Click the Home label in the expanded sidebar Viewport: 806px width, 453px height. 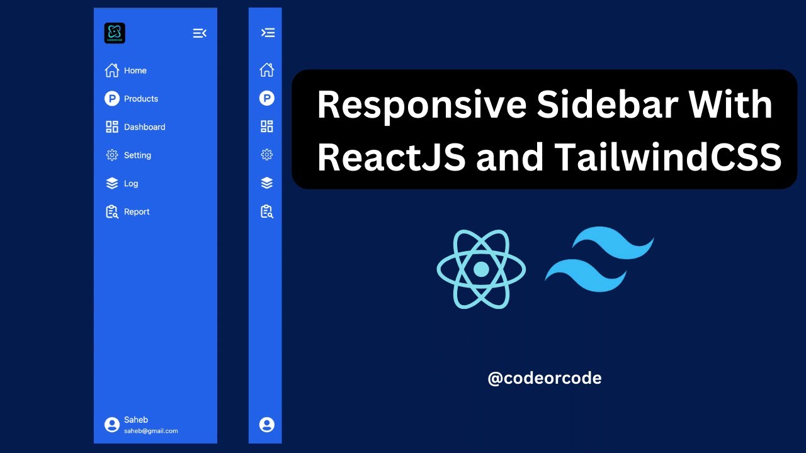pos(135,70)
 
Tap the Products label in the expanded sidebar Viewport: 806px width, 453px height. pos(141,99)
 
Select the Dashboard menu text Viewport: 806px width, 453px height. pos(144,127)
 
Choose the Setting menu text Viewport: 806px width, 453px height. pos(137,155)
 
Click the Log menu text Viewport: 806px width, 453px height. pos(131,184)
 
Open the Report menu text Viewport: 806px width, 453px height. pos(137,212)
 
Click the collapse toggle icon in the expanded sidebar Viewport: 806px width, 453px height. pos(200,33)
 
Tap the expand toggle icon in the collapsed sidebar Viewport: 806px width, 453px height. pos(268,33)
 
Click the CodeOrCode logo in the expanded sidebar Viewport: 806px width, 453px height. pos(115,33)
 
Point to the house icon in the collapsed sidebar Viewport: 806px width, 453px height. pos(267,70)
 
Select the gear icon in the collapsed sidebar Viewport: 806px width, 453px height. pos(267,155)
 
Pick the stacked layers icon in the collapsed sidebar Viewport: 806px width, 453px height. pos(267,183)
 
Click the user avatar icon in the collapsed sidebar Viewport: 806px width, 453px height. pos(267,425)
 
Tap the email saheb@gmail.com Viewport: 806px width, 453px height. pos(150,431)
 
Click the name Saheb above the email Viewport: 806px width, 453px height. pos(136,420)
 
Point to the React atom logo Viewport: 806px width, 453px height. pos(481,269)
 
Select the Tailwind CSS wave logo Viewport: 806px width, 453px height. pos(599,259)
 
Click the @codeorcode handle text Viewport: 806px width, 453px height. pos(544,378)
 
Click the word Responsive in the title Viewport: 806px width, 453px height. pos(421,105)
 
